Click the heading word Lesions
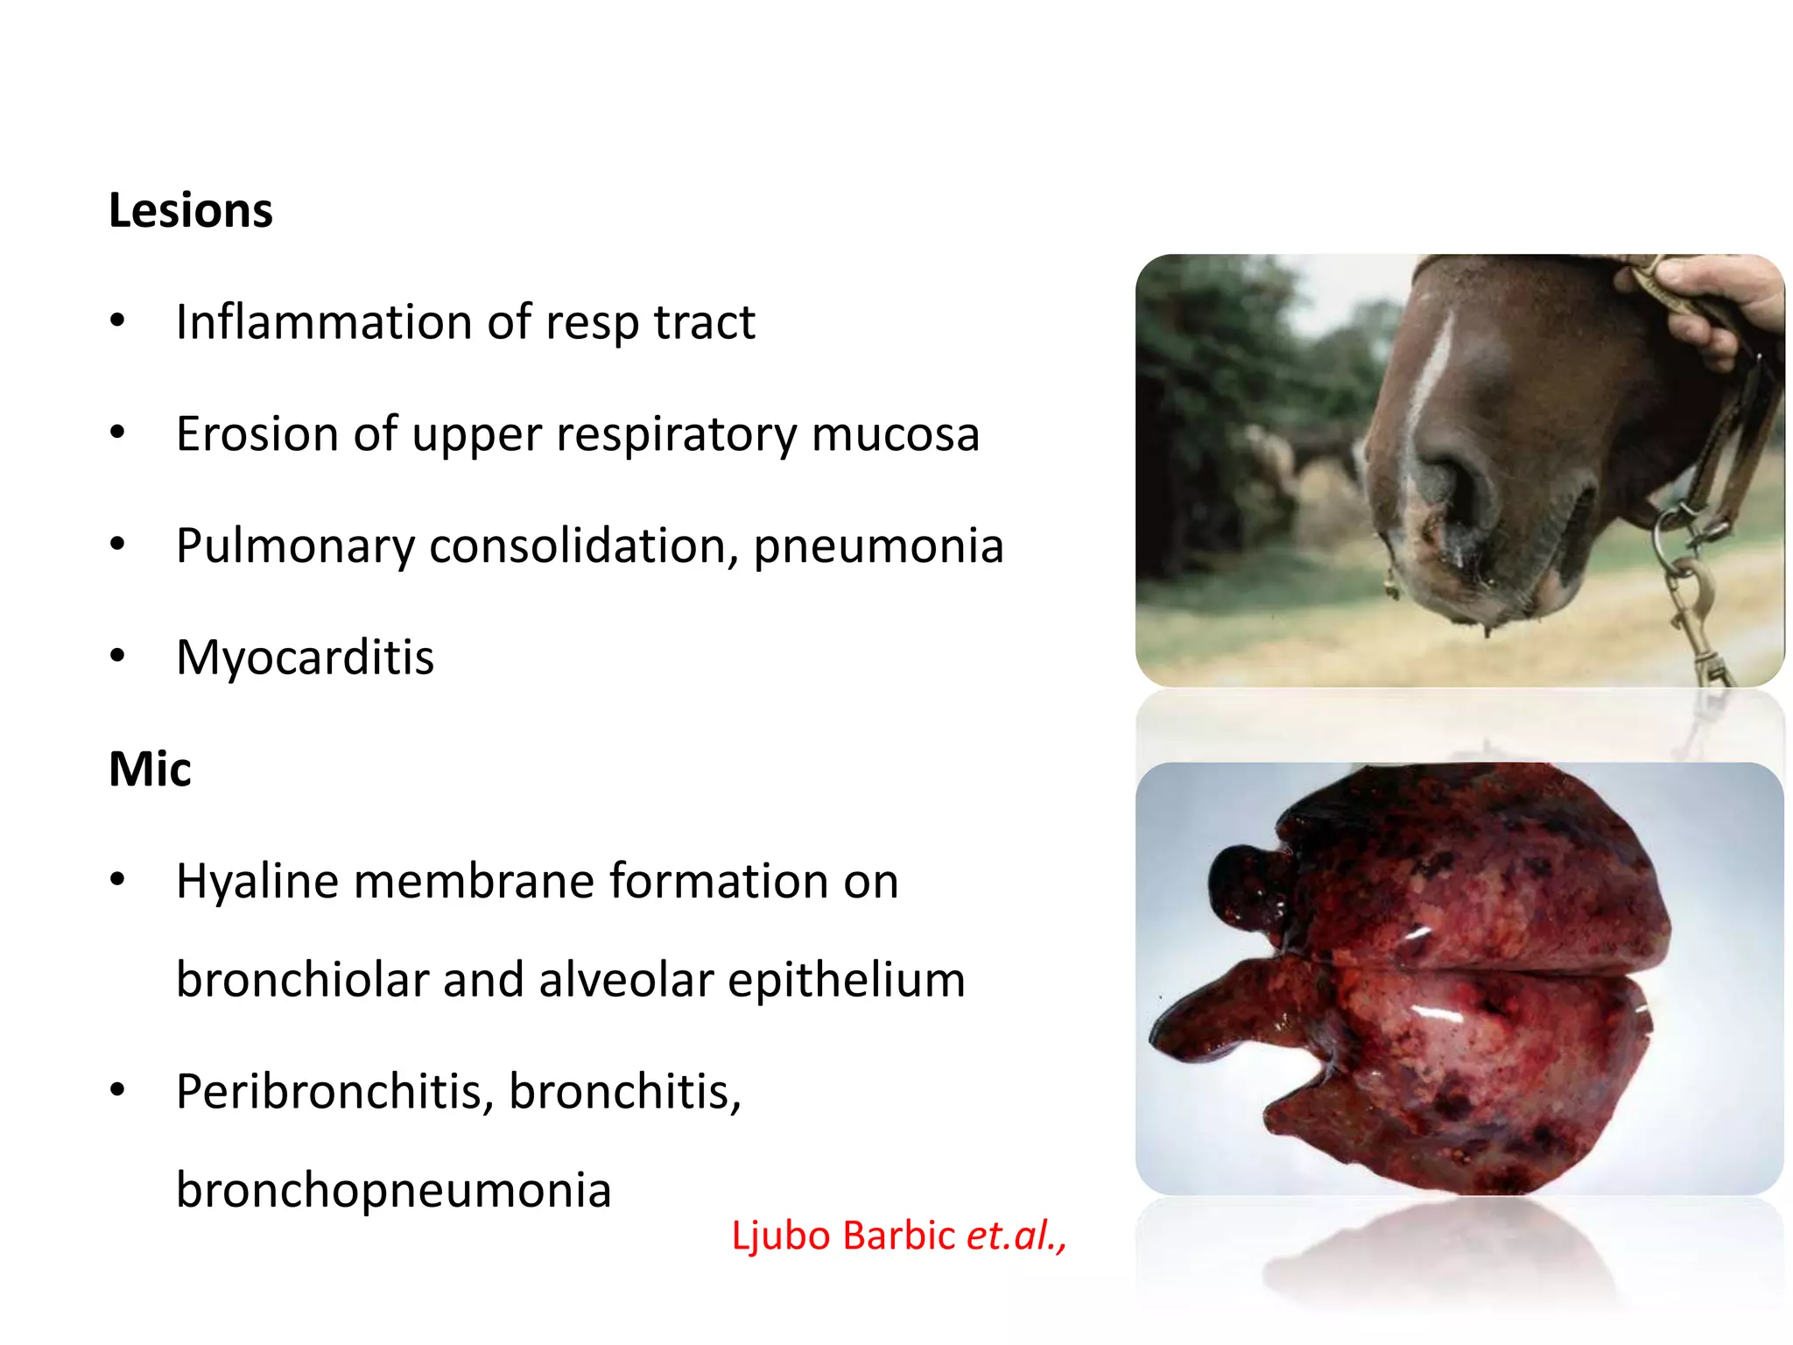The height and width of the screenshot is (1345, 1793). click(190, 211)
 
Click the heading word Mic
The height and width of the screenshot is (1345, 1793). click(150, 770)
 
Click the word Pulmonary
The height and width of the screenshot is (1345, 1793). click(294, 546)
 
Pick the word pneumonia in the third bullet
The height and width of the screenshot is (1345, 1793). click(878, 546)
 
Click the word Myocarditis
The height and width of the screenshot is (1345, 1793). click(305, 658)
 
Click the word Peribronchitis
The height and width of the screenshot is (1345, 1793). click(334, 1092)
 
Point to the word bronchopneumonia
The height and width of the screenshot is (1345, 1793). click(393, 1190)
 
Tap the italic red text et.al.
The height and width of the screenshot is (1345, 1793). click(1014, 1236)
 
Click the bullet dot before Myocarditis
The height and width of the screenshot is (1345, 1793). click(117, 656)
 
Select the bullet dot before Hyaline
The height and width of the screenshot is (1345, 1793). click(117, 879)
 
